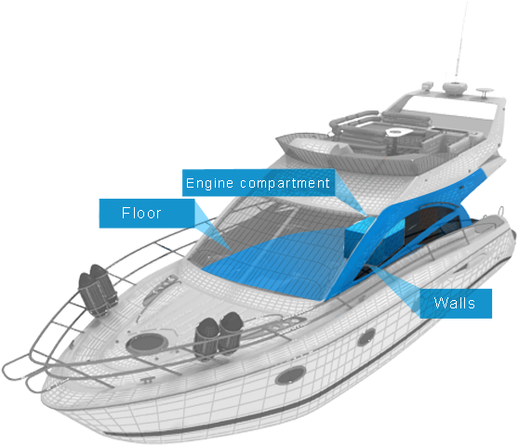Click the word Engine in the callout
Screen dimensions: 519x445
209,183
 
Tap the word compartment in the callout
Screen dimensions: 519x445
285,183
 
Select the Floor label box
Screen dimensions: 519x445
147,214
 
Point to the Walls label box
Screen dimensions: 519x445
456,304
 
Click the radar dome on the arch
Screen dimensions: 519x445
455,88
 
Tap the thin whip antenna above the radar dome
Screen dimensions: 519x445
461,41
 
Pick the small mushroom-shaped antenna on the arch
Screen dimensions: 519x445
485,92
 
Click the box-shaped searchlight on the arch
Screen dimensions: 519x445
428,85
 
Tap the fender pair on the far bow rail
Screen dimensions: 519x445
98,290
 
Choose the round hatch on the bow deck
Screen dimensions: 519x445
147,343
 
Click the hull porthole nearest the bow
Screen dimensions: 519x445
290,375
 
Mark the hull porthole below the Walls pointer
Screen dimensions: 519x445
366,337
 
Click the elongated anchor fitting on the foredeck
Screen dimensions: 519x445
160,287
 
